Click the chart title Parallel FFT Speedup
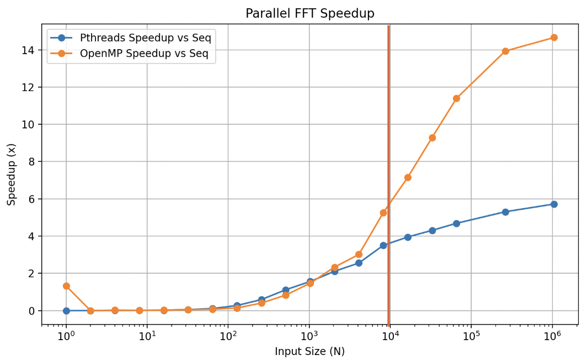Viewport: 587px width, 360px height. click(309, 13)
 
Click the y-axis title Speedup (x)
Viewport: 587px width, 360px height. click(12, 174)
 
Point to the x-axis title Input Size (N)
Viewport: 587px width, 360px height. click(309, 352)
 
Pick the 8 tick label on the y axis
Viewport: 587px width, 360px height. click(31, 162)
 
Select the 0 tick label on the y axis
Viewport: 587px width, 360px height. click(31, 311)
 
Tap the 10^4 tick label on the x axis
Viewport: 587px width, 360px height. click(390, 335)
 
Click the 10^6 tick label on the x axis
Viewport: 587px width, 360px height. click(552, 335)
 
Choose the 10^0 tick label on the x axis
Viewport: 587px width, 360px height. click(66, 335)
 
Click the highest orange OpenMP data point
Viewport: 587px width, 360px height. click(554, 38)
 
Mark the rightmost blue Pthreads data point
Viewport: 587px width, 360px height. click(554, 204)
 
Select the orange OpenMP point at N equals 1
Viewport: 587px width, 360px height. click(66, 286)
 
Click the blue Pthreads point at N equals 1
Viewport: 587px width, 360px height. click(66, 311)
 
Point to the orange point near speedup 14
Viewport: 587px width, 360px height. click(505, 51)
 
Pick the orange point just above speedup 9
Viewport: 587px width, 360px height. click(432, 138)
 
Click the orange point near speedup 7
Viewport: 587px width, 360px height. click(408, 177)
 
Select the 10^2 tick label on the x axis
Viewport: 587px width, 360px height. click(228, 335)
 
